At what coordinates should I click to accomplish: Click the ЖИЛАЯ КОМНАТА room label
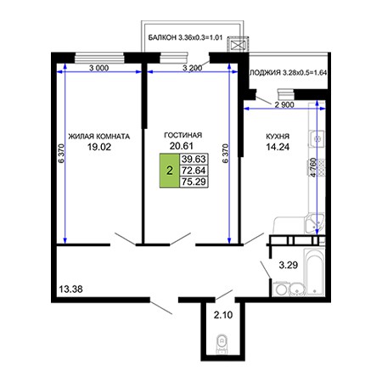click(99, 137)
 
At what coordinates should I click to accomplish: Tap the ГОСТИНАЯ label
click(183, 135)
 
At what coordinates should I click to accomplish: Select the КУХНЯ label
click(278, 137)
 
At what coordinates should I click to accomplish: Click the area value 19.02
click(99, 147)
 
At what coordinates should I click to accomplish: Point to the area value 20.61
click(182, 146)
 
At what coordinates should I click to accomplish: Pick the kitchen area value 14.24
click(278, 147)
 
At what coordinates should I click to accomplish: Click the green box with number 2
click(170, 171)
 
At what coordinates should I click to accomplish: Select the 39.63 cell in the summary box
click(194, 159)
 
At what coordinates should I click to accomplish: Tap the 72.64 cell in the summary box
click(194, 171)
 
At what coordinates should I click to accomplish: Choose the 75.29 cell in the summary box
click(194, 182)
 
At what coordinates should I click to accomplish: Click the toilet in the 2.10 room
click(222, 344)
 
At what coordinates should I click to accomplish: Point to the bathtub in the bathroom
click(314, 272)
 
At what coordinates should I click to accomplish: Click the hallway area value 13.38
click(70, 289)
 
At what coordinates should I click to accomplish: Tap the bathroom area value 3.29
click(289, 265)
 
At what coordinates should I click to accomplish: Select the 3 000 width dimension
click(99, 68)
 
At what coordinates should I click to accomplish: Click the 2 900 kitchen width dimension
click(284, 104)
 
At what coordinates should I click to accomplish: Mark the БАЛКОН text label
click(162, 37)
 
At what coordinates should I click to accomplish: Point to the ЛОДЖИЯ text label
click(265, 73)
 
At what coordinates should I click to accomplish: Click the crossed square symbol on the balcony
click(238, 45)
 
